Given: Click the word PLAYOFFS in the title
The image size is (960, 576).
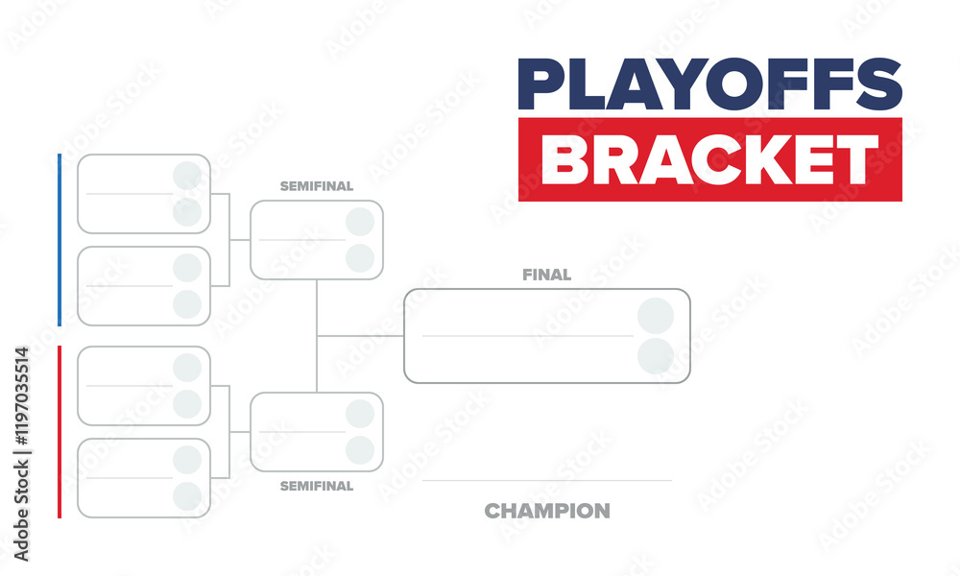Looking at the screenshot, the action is point(710,84).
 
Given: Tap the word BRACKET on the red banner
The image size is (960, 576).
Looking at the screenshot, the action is point(710,159).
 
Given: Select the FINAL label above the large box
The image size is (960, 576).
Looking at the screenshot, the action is point(547,275).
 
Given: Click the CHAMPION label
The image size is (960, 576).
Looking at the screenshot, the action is point(547,511).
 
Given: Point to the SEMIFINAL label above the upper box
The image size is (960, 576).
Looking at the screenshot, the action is point(317,186).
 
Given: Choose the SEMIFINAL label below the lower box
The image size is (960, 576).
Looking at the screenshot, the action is point(317,486).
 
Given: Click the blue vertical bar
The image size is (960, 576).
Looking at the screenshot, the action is point(60,240).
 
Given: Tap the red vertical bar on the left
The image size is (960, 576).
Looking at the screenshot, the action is point(60,432).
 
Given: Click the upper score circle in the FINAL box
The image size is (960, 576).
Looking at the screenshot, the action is point(656,316).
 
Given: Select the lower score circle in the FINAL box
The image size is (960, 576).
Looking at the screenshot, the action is point(656,356).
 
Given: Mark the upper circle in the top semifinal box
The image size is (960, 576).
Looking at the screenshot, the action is point(360,222).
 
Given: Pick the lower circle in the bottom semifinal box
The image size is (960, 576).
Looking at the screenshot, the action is point(360,450).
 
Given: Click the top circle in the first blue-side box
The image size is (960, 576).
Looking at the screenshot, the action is point(187,176).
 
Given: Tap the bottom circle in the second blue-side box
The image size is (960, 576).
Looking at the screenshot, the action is point(187,304).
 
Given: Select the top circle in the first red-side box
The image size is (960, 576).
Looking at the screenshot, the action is point(187,368).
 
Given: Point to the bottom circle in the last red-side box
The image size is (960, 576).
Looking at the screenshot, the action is point(187,496).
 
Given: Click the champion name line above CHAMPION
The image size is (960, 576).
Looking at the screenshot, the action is point(547,481).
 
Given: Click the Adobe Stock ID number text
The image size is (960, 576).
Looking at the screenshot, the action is point(22,396).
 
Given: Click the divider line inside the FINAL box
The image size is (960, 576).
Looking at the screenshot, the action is point(528,336).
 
